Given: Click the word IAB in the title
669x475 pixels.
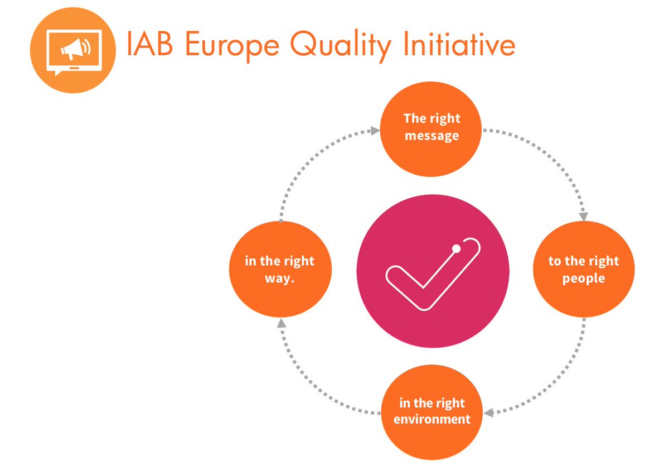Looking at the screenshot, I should (150, 45).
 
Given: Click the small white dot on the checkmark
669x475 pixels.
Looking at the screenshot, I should (456, 248).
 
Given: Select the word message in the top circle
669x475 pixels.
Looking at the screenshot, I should (432, 136).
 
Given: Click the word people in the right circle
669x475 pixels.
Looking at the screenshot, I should (584, 278).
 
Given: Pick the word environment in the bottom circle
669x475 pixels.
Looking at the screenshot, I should (432, 419).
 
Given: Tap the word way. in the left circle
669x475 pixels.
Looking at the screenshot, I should (280, 278).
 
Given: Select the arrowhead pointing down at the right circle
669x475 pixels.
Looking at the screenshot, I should (584, 217).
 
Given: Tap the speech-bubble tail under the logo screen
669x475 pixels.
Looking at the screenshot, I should (57, 73).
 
